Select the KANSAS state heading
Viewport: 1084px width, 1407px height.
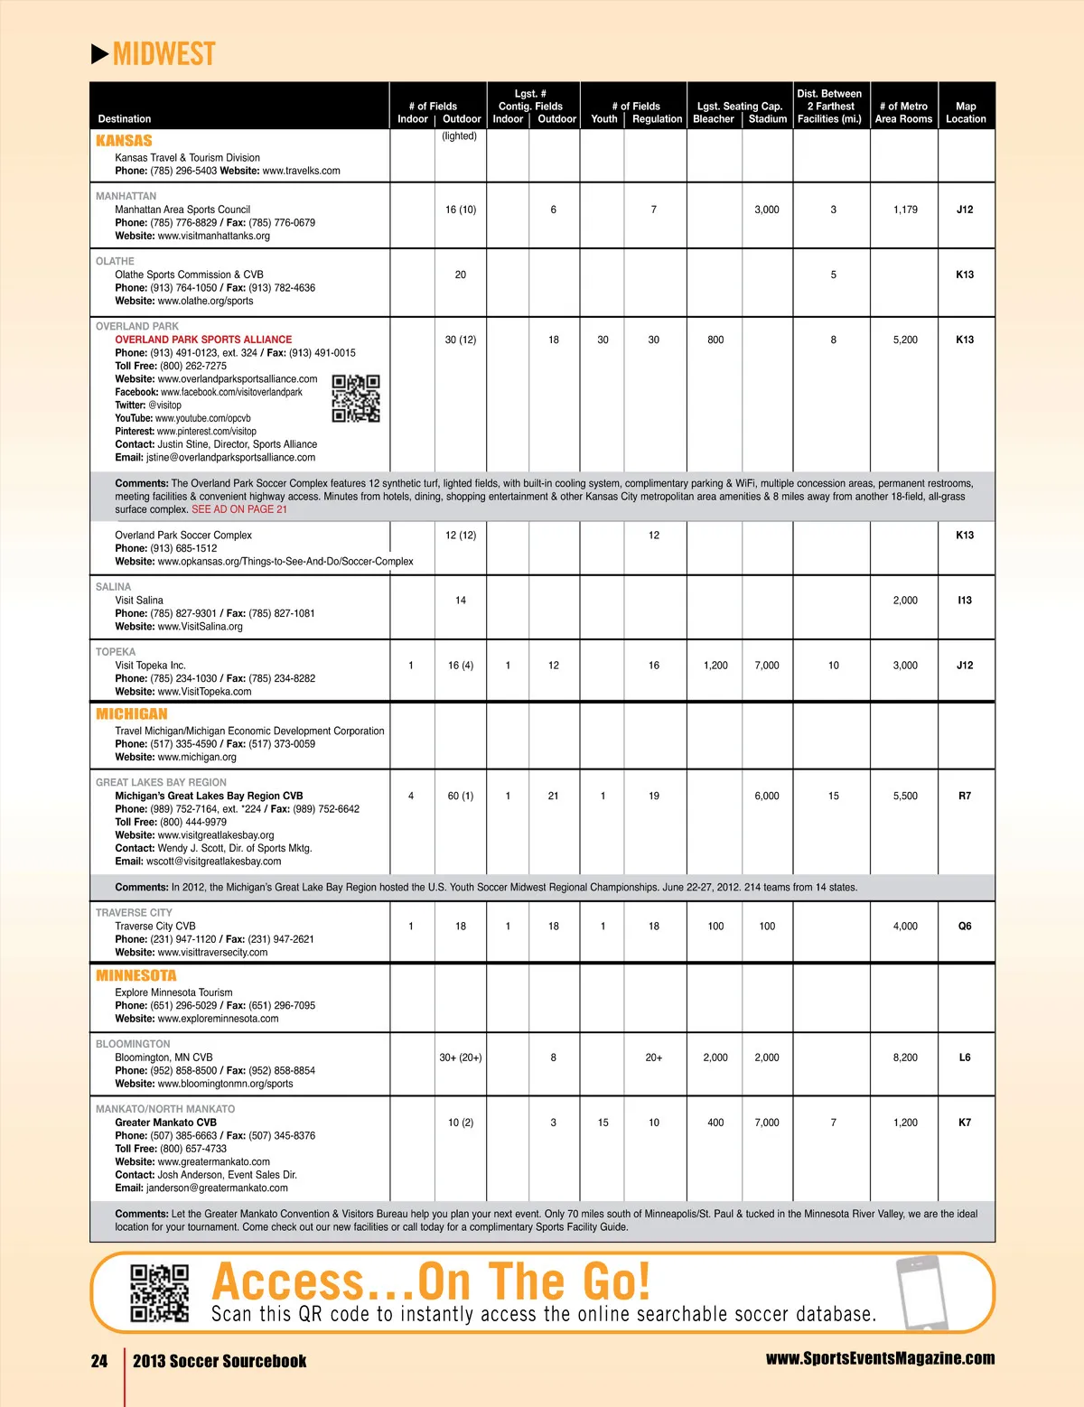(124, 141)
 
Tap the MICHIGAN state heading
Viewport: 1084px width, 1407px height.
(132, 713)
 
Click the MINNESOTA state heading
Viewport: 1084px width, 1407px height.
(136, 975)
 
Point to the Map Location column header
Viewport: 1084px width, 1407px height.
(966, 112)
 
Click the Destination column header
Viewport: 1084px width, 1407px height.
(125, 118)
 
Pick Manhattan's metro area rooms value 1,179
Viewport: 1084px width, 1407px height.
(905, 210)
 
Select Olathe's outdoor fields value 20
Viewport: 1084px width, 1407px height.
(461, 275)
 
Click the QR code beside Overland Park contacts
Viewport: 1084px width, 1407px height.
(356, 398)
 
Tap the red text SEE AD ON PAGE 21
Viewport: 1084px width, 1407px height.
(239, 509)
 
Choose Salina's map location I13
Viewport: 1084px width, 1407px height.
(965, 601)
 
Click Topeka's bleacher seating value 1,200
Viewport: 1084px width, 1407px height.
(715, 666)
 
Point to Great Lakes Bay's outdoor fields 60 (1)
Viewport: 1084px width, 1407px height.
(461, 796)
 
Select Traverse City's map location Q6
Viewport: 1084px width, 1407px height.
(965, 927)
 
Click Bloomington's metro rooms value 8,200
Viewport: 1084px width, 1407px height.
(905, 1058)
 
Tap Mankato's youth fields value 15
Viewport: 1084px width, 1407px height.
(603, 1123)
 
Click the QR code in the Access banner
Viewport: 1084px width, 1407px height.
(160, 1292)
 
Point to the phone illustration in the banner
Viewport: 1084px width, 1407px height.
(922, 1292)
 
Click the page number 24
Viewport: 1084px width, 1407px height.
(99, 1361)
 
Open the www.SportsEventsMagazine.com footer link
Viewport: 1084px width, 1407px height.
(880, 1358)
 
